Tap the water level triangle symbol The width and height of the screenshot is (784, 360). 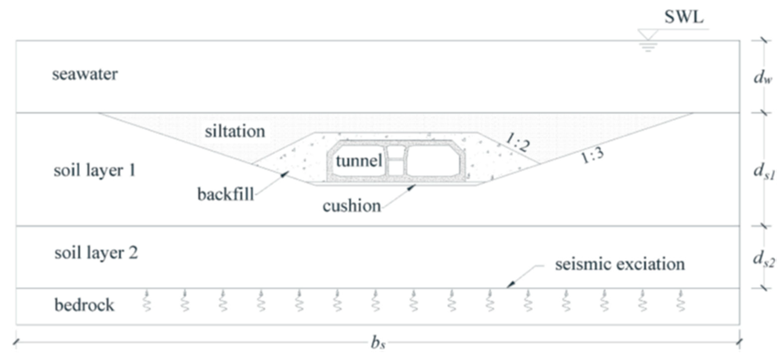(x=648, y=34)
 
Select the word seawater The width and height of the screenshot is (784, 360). (x=85, y=74)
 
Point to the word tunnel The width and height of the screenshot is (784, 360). (x=359, y=160)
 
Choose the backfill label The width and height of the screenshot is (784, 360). (x=226, y=194)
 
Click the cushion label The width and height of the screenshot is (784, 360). (x=352, y=206)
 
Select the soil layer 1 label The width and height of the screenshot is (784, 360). (x=95, y=170)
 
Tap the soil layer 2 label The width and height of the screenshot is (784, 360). (x=96, y=252)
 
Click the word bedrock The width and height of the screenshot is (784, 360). (x=84, y=305)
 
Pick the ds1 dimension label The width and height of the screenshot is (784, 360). (x=764, y=172)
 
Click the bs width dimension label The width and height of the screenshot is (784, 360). (x=378, y=343)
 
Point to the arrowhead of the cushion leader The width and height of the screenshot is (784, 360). (x=411, y=187)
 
